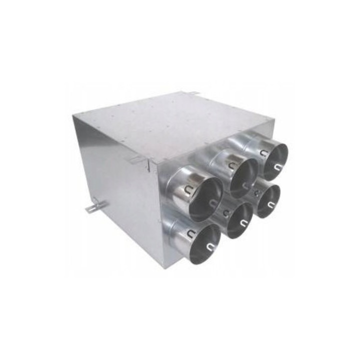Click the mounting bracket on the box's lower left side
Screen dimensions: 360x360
[x=94, y=205]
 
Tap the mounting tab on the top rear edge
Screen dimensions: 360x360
[x=193, y=93]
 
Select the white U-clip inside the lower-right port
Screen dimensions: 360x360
[x=271, y=204]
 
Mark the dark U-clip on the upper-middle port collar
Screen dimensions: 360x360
[x=231, y=166]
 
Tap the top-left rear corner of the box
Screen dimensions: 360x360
[x=73, y=116]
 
